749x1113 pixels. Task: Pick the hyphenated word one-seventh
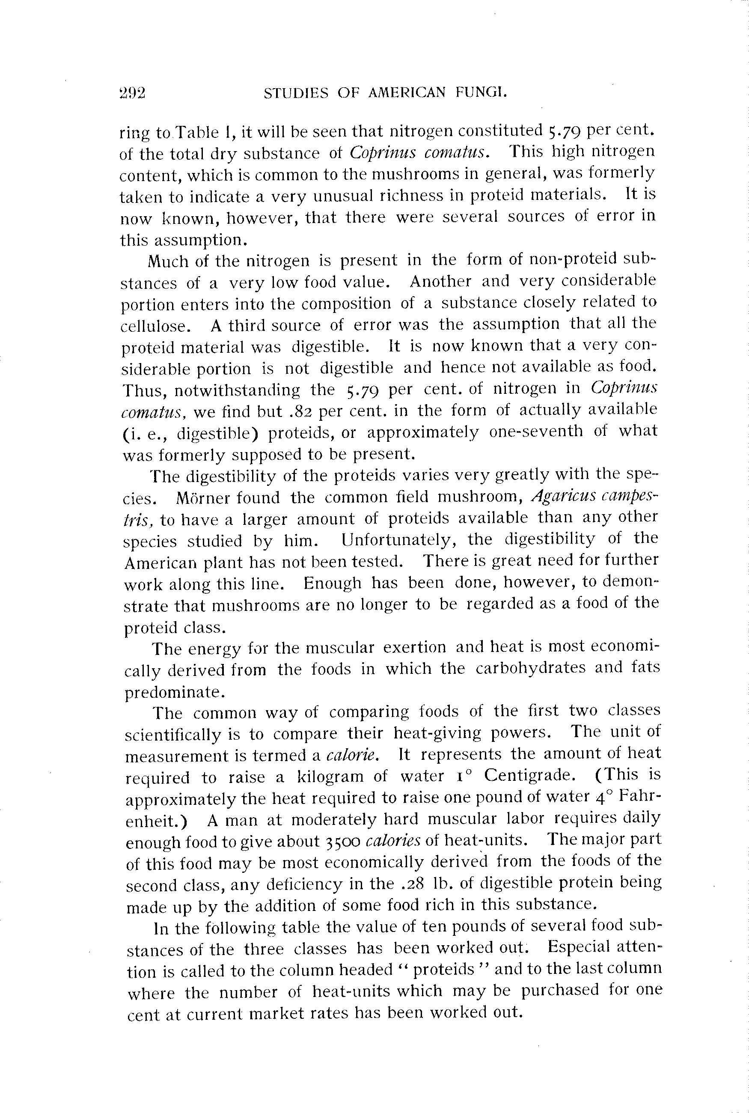(536, 432)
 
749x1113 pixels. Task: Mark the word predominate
(174, 692)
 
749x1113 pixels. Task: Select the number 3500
(342, 842)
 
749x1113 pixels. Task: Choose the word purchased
(560, 990)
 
